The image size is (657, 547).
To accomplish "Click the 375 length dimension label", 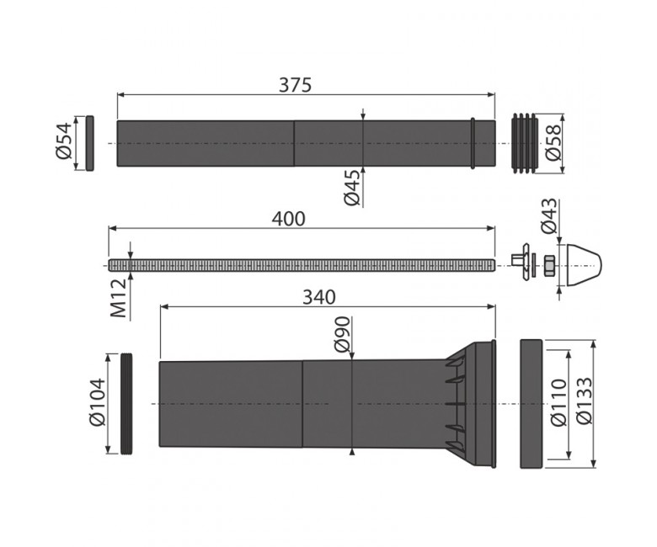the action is tap(296, 85).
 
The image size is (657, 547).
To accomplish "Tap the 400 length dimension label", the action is tap(288, 219).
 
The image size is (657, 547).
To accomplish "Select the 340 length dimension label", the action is tap(319, 297).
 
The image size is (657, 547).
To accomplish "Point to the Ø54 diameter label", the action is tap(64, 141).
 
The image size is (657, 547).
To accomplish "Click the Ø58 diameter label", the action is tap(553, 142).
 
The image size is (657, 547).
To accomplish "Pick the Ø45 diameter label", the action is tap(352, 188).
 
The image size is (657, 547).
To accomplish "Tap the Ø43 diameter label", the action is tap(549, 216).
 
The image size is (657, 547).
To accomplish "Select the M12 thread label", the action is tap(118, 298).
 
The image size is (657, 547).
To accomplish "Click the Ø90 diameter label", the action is tap(342, 334).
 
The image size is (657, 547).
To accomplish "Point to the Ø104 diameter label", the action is tap(98, 401).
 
